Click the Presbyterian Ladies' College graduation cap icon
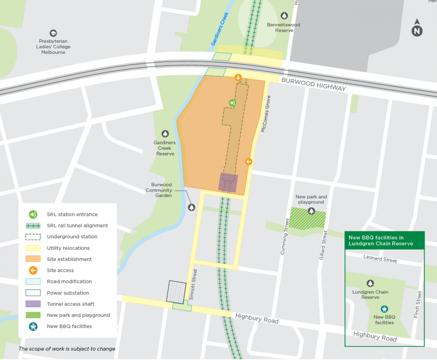(x=53, y=33)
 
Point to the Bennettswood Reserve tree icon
(x=284, y=15)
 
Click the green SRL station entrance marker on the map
(x=232, y=103)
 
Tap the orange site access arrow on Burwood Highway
(x=238, y=78)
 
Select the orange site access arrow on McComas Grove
(x=248, y=162)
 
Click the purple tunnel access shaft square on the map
(x=228, y=182)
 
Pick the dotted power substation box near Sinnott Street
(x=176, y=292)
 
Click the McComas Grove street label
(x=265, y=115)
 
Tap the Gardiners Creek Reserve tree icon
(x=165, y=134)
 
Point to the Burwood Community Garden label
(x=159, y=190)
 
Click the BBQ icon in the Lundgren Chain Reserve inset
(x=384, y=309)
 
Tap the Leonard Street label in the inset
(x=380, y=259)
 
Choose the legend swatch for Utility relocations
(x=33, y=248)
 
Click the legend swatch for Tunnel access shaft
(x=33, y=304)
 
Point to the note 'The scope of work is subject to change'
(x=67, y=349)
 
